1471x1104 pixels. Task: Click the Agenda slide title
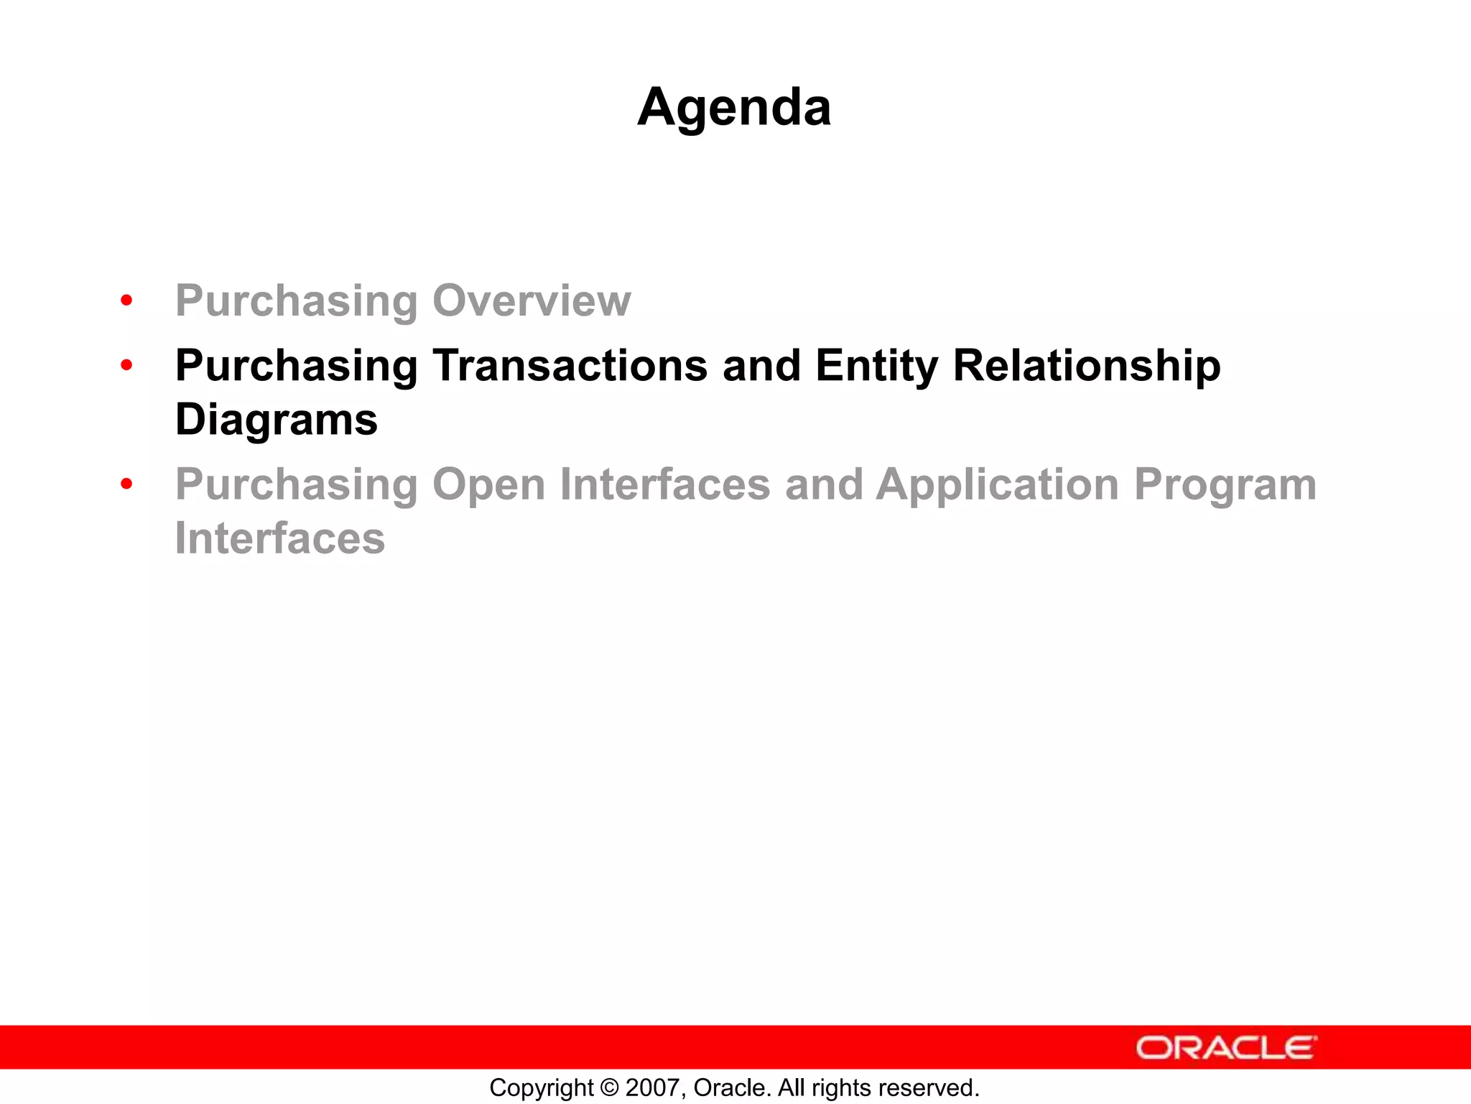pos(734,108)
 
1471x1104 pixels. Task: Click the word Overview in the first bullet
pos(532,300)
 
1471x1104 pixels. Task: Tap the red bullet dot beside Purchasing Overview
pos(127,300)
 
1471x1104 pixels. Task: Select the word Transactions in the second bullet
pos(570,366)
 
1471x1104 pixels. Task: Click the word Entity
pos(876,366)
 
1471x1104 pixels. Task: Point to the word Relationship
pos(1086,366)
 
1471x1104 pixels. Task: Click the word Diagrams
pos(277,420)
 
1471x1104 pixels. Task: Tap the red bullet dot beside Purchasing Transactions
pos(127,365)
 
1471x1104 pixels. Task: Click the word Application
pos(997,484)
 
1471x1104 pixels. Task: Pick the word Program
pos(1225,484)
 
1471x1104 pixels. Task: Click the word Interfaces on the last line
pos(280,538)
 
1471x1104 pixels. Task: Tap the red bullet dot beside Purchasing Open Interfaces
pos(127,484)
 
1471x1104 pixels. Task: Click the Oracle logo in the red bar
pos(1226,1048)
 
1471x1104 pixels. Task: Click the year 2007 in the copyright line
pos(649,1088)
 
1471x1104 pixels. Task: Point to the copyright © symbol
pos(609,1088)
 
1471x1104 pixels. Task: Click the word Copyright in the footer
pos(542,1088)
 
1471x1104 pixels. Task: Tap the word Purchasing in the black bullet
pos(297,366)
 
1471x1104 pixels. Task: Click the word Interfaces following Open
pos(664,484)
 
